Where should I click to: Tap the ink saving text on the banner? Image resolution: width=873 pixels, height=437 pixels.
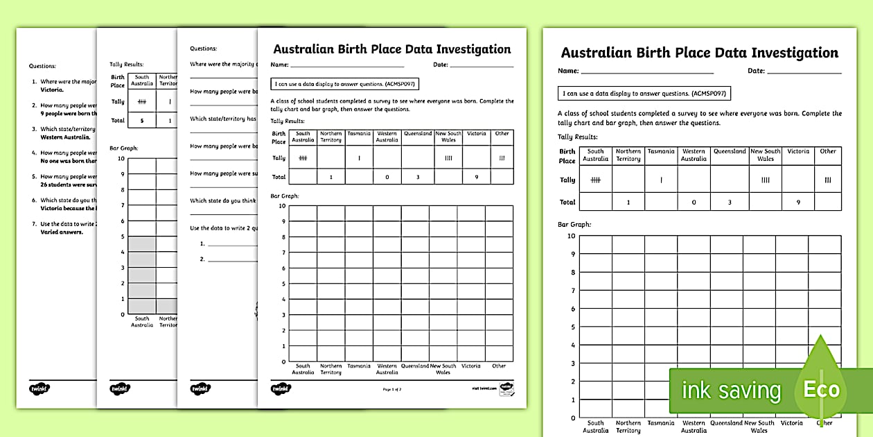[731, 391]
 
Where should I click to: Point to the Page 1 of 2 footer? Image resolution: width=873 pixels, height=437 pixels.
[391, 389]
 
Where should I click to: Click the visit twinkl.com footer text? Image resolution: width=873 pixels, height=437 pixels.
[483, 389]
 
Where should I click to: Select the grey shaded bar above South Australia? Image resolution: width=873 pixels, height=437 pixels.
[142, 275]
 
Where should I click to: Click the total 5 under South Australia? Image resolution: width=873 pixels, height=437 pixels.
[142, 120]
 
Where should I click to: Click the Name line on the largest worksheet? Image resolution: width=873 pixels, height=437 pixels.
[647, 71]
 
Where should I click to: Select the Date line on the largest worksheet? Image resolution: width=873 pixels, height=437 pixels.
[804, 71]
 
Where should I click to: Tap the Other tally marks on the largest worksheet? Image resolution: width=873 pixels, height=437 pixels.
[828, 180]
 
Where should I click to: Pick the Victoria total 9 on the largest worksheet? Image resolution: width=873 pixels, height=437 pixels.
[798, 203]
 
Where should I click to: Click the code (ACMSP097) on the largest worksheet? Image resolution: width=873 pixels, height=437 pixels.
[707, 93]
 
